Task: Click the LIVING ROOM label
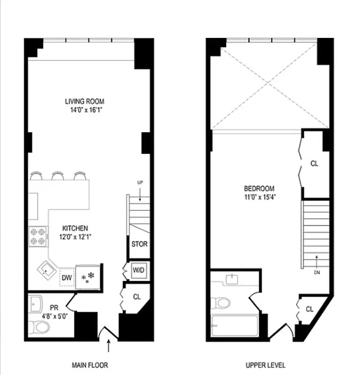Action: (84, 101)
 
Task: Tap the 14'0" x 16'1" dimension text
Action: (84, 110)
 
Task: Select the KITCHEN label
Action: (75, 228)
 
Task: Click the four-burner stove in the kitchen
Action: (38, 236)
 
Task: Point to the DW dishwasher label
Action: (67, 278)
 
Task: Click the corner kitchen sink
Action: (47, 270)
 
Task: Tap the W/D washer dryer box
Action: (139, 270)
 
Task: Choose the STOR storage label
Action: (139, 244)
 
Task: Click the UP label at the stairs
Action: (140, 182)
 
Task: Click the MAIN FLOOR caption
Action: (90, 364)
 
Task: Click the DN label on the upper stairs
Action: (316, 272)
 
